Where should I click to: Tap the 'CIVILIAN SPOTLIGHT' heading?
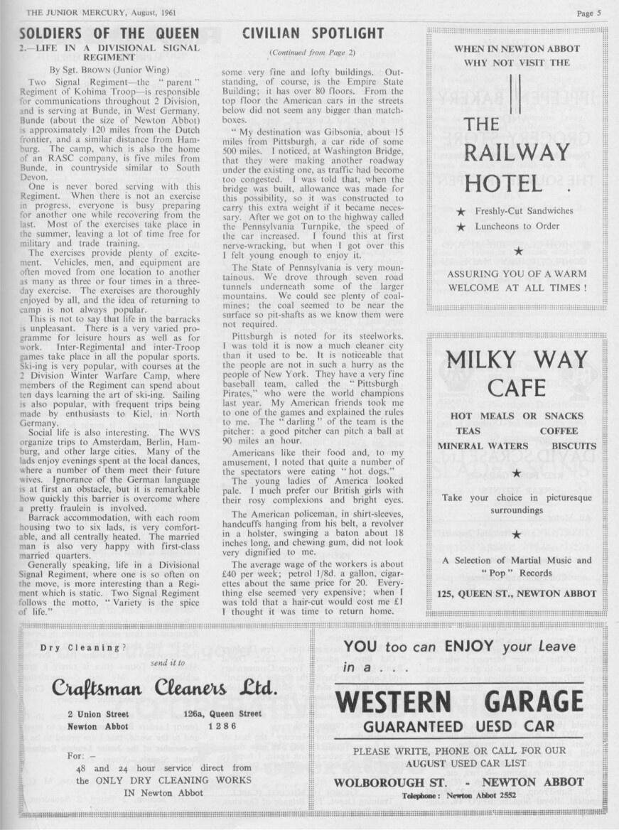[313, 33]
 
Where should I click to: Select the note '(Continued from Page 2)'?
[313, 53]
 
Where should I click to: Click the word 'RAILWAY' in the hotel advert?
[517, 152]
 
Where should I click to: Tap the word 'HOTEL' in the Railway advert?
[503, 183]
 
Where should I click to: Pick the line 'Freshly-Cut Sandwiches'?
[524, 211]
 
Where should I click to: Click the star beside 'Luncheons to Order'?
[461, 227]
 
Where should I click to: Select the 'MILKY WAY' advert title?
[517, 360]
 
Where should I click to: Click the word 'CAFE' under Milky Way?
[517, 388]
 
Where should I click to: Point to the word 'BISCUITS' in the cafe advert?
[574, 446]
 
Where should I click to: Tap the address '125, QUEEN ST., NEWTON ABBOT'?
[517, 593]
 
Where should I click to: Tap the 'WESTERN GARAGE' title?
[459, 701]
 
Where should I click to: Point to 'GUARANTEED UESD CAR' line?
[459, 727]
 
